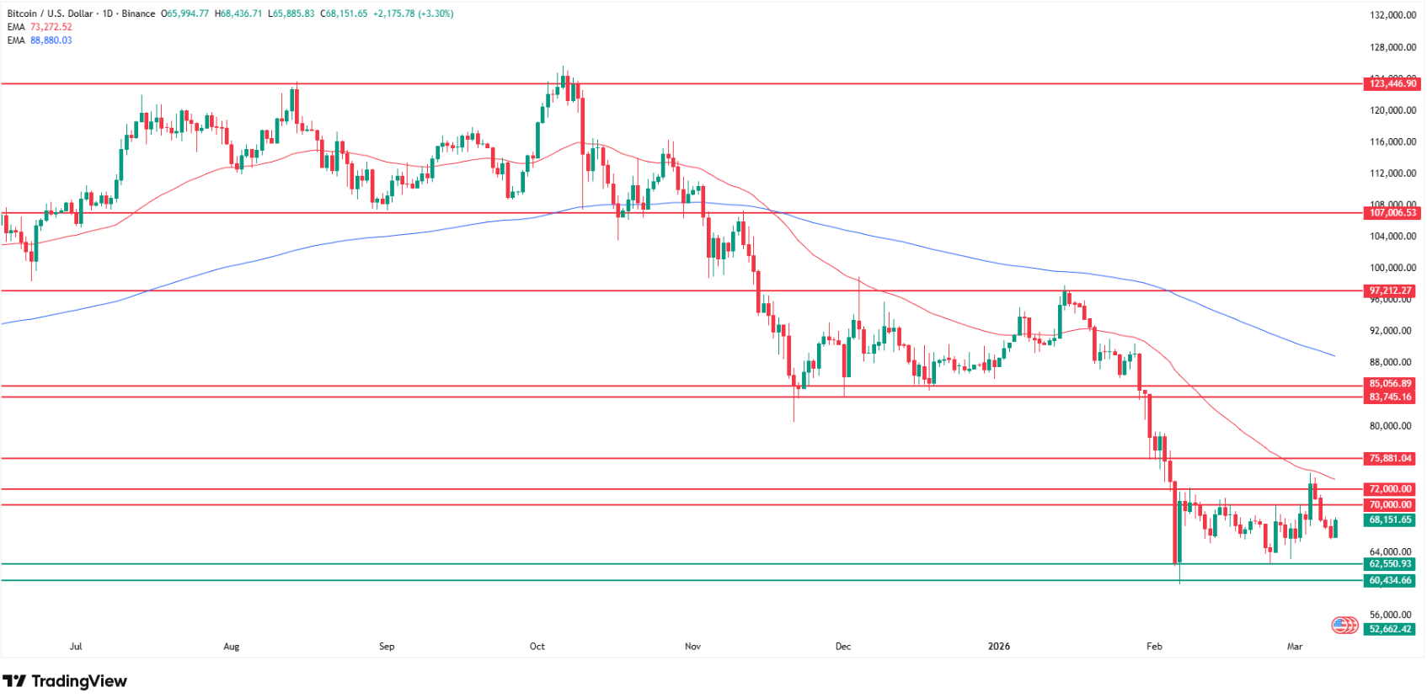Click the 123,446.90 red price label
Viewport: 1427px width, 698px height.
(1391, 83)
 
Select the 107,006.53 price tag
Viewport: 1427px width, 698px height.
(1391, 213)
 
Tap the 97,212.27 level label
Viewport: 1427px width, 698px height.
(1391, 290)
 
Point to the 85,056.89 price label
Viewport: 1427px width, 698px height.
(1391, 384)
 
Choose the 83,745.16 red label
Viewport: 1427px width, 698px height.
(1391, 397)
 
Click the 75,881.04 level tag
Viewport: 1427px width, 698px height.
(1391, 459)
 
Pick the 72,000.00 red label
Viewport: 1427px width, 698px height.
(1391, 489)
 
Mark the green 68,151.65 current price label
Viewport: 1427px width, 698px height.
(1391, 520)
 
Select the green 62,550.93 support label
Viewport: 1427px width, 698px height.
(1391, 564)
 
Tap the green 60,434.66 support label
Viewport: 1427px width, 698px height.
(1391, 581)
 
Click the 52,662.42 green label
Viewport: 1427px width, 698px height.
(1391, 629)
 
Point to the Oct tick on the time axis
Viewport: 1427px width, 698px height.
(537, 647)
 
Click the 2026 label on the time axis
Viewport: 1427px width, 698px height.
(998, 647)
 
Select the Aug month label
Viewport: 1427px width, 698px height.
(231, 647)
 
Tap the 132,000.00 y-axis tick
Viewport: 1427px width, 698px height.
(1392, 15)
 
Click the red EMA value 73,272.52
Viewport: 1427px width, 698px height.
(51, 27)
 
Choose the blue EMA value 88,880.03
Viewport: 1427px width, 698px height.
(51, 40)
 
